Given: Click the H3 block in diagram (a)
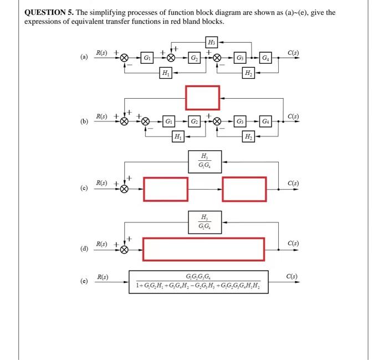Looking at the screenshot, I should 211,42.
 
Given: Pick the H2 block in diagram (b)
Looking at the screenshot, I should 248,136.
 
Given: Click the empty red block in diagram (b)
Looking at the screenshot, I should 202,98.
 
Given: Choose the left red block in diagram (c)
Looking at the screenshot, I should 166,189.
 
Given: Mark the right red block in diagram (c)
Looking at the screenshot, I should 244,189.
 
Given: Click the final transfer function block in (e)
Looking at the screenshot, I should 199,282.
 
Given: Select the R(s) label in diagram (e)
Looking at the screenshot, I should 103,276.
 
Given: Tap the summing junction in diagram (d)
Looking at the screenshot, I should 125,250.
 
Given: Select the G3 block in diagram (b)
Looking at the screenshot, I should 241,120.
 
